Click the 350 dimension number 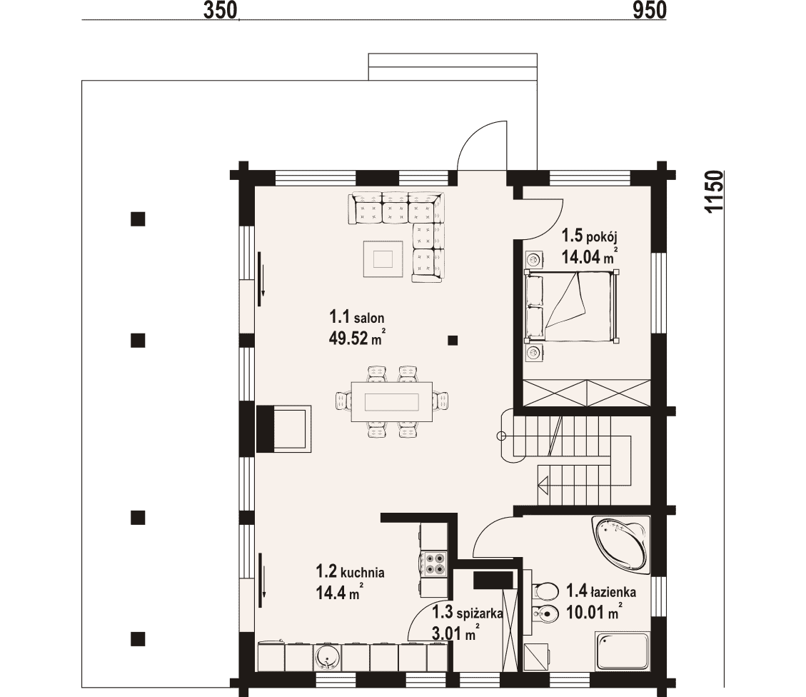click(x=220, y=10)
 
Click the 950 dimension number click(x=650, y=10)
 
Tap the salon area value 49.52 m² click(x=357, y=338)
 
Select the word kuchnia click(x=363, y=572)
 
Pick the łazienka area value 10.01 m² click(x=594, y=612)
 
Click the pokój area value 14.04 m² click(x=590, y=256)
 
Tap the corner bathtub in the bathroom click(x=620, y=543)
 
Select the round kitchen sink click(x=328, y=656)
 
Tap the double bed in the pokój click(x=571, y=306)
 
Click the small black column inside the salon click(x=453, y=340)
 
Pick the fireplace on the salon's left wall click(x=283, y=428)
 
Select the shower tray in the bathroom click(x=622, y=651)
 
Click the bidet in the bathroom click(x=545, y=613)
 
